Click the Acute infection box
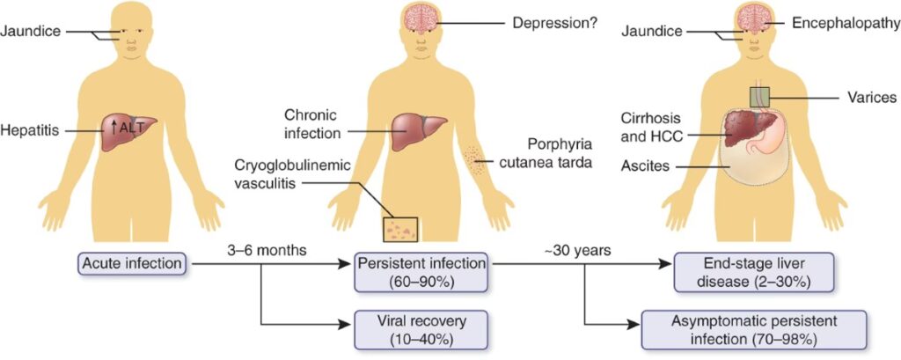[133, 262]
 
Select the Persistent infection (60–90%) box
[421, 271]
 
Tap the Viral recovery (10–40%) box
[421, 328]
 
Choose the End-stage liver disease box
[743, 271]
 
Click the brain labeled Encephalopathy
[755, 19]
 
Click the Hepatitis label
[30, 129]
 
